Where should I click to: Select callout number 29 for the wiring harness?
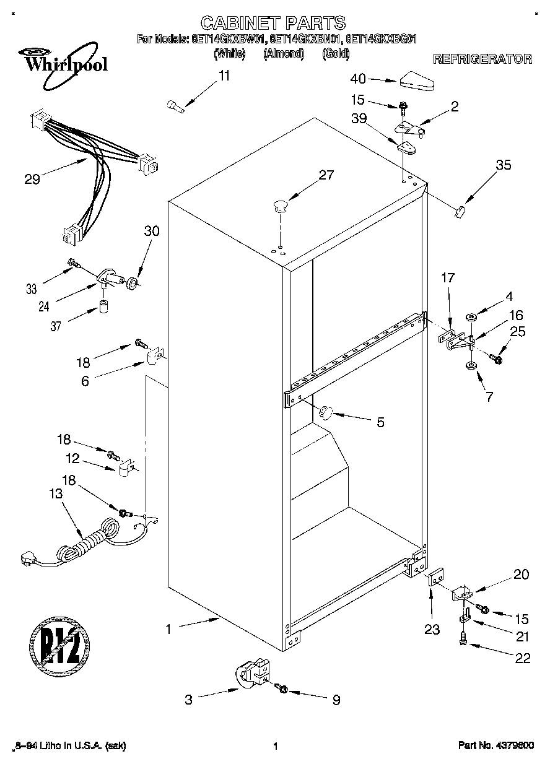(32, 180)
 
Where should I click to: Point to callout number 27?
(326, 175)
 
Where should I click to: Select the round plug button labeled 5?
(326, 412)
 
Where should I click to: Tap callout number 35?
(504, 165)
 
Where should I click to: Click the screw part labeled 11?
(176, 107)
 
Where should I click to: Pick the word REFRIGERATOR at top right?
(482, 59)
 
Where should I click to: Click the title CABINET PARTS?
(273, 24)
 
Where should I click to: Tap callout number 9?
(336, 700)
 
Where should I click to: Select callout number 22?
(523, 658)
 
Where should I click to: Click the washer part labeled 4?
(471, 318)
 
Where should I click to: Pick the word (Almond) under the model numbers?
(283, 54)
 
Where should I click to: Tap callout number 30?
(152, 232)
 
